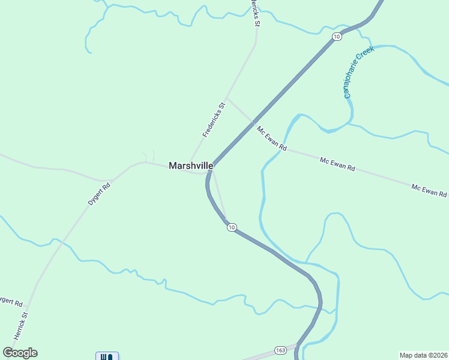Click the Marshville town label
[191, 166]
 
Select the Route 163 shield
[280, 350]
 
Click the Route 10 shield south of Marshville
[232, 227]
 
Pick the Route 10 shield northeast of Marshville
[336, 37]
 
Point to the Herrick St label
[21, 326]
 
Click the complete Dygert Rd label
[100, 194]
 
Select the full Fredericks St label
[213, 120]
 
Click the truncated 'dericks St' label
[256, 13]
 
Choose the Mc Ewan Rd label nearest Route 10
[271, 139]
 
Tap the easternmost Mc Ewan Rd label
[429, 191]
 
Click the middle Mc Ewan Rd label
[337, 164]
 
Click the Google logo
[20, 353]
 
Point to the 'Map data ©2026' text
[423, 355]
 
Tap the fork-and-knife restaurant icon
[107, 356]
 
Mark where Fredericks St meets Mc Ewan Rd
[226, 98]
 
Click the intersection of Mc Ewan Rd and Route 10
[252, 122]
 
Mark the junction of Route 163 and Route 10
[298, 346]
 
